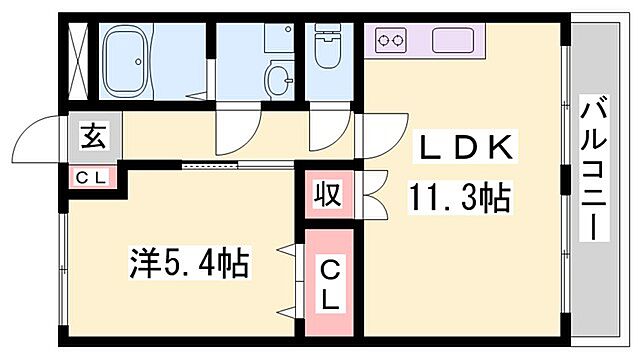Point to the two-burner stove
point(391,41)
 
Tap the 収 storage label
point(330,191)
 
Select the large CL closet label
point(329,283)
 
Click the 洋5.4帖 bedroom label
point(188,265)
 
